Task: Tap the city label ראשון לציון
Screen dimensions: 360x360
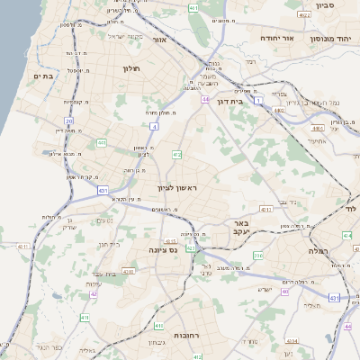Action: click(176, 187)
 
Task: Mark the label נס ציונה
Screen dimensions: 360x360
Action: click(168, 249)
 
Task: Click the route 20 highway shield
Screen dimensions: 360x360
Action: click(69, 120)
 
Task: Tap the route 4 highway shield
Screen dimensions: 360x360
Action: click(153, 127)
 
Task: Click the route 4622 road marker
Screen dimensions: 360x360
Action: click(303, 14)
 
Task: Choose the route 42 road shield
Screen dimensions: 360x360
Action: click(93, 293)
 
